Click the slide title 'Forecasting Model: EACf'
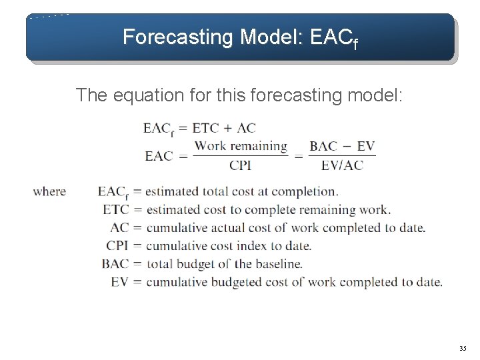(x=241, y=37)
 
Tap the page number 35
(x=463, y=349)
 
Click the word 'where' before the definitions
(x=49, y=192)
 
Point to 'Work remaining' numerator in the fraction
(x=241, y=146)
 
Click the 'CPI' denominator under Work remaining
(x=240, y=164)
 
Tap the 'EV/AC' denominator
(x=343, y=164)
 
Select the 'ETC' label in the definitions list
(x=117, y=209)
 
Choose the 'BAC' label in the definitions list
(x=116, y=263)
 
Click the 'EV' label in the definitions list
(x=120, y=281)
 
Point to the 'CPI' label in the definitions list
(x=117, y=245)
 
